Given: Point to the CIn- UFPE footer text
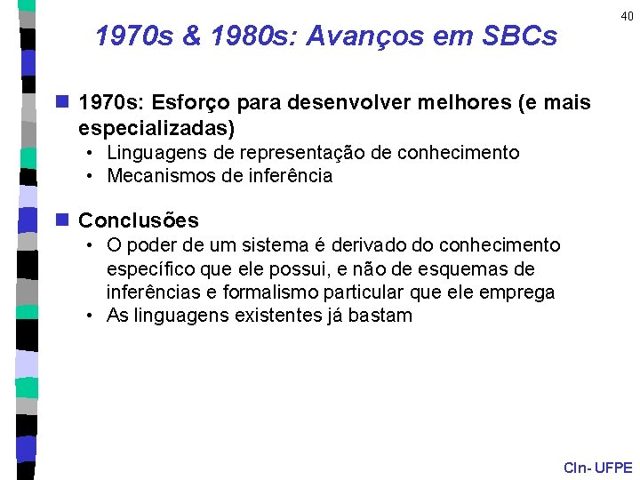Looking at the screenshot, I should point(597,468).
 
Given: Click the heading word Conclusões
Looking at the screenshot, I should point(139,220).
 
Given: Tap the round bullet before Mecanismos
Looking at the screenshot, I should point(92,176).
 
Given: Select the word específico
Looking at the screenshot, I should point(146,268).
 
